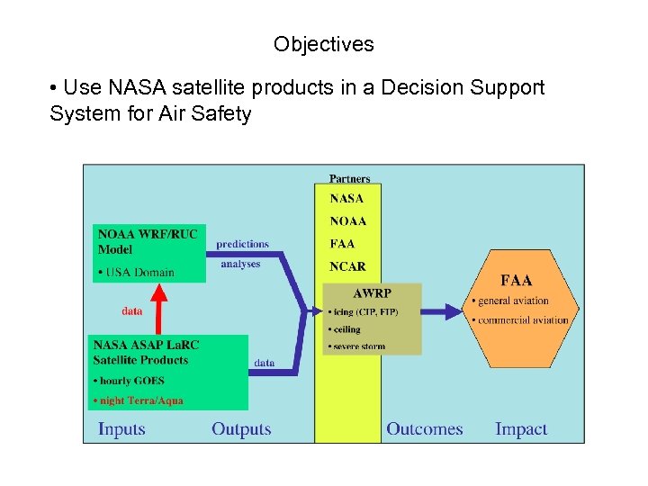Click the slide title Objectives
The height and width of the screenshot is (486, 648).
(324, 44)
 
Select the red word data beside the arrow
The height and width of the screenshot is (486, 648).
(131, 311)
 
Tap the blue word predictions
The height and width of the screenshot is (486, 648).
(242, 244)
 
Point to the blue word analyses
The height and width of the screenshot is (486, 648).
(240, 265)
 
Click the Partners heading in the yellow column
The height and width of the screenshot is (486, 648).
(349, 179)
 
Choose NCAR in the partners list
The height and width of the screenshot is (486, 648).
(347, 266)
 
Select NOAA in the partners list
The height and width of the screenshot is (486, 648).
(347, 221)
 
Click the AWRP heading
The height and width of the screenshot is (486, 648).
(372, 293)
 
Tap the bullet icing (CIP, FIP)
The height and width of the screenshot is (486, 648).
(364, 312)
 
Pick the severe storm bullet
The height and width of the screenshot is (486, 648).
(357, 346)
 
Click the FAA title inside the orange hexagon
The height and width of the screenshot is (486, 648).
(516, 281)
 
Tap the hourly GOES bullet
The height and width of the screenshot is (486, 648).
(130, 381)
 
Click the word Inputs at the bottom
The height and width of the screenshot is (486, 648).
(121, 429)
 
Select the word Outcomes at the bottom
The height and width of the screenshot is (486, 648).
(424, 429)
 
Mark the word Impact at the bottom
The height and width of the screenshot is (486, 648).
(521, 429)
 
